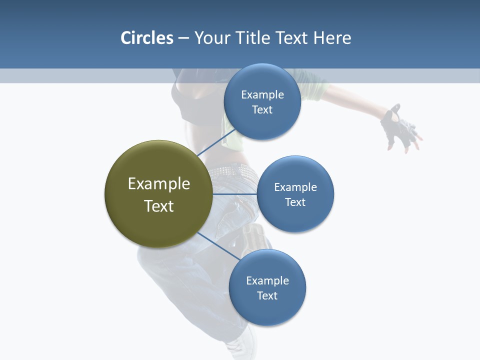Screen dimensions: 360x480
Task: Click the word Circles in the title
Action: click(146, 38)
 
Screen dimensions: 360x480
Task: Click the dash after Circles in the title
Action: click(183, 38)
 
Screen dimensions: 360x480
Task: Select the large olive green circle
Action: click(158, 194)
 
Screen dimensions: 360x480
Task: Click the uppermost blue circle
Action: click(262, 101)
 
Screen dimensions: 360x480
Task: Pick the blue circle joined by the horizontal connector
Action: click(295, 194)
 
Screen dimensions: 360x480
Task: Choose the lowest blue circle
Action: click(267, 287)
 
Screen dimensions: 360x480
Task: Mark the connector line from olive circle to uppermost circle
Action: click(216, 142)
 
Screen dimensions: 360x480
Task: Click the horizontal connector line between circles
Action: click(234, 194)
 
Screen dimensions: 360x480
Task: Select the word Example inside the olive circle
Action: click(158, 184)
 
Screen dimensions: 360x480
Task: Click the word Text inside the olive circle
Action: click(158, 206)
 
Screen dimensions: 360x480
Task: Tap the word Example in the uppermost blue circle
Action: click(262, 95)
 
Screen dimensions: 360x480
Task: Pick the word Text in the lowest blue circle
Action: click(267, 295)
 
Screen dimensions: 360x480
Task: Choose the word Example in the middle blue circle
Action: click(295, 187)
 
